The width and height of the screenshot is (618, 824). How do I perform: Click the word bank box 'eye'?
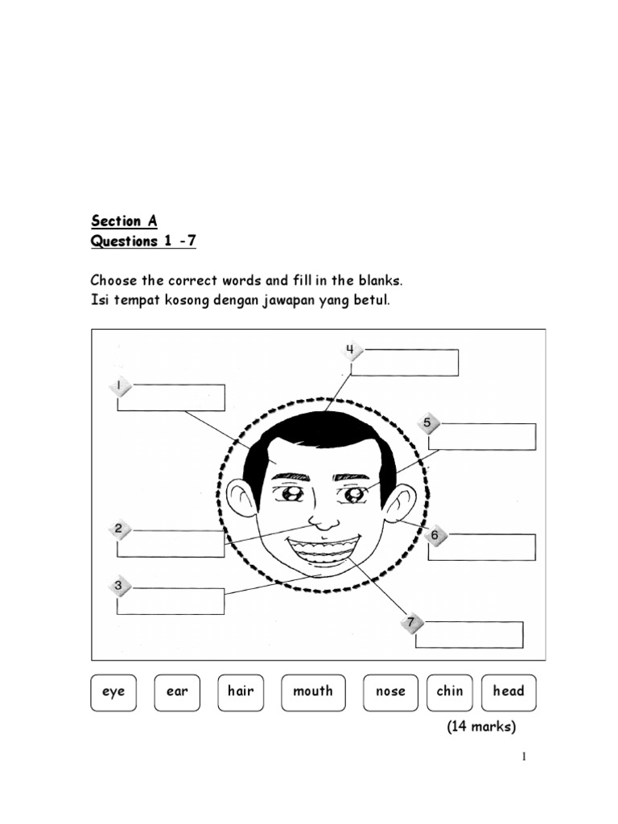click(x=113, y=692)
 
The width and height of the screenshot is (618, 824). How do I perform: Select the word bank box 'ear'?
click(x=177, y=692)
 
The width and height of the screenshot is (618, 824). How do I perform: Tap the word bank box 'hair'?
click(x=241, y=692)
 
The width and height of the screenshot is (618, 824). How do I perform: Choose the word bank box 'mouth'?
click(x=313, y=692)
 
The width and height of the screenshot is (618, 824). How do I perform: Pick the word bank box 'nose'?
click(x=390, y=692)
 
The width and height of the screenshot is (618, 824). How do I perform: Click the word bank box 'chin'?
click(x=450, y=692)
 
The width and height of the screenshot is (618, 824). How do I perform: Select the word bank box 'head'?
click(x=509, y=692)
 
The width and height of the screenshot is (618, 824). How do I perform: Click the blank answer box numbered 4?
click(x=405, y=362)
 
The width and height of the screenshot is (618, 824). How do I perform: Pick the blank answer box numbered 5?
click(x=482, y=436)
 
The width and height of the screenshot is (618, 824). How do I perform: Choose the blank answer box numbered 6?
click(x=482, y=546)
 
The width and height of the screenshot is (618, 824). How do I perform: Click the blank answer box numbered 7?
click(x=470, y=634)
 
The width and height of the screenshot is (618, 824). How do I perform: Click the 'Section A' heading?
click(x=124, y=220)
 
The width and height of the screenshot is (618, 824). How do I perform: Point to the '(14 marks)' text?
click(x=481, y=727)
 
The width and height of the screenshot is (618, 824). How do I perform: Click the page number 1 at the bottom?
click(x=524, y=756)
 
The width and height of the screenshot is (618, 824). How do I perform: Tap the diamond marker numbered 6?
click(x=435, y=535)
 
